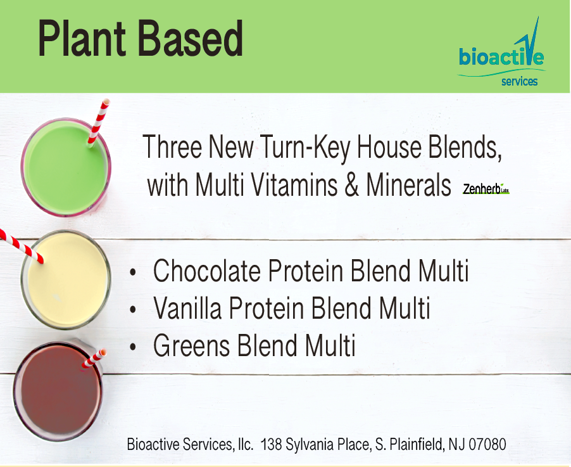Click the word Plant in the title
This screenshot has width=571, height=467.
(x=82, y=38)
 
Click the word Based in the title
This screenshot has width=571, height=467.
(x=191, y=38)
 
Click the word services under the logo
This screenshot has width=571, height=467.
(x=519, y=81)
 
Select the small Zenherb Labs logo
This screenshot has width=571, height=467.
(x=486, y=188)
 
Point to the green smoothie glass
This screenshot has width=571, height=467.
(x=66, y=167)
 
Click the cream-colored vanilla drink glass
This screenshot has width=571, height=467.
(x=66, y=279)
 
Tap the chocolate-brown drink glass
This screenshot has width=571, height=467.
(x=58, y=392)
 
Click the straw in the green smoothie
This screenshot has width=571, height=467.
(x=99, y=122)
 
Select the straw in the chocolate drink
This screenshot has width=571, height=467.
(x=94, y=359)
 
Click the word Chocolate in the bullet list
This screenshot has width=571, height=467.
(x=207, y=271)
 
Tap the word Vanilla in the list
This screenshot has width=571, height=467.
(x=187, y=308)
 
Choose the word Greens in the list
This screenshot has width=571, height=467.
(x=192, y=345)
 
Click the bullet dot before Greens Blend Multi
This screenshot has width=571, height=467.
(x=133, y=347)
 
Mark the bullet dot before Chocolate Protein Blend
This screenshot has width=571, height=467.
(x=133, y=272)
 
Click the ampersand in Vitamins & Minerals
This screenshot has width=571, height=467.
(x=351, y=184)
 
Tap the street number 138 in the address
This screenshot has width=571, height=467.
(x=271, y=444)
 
